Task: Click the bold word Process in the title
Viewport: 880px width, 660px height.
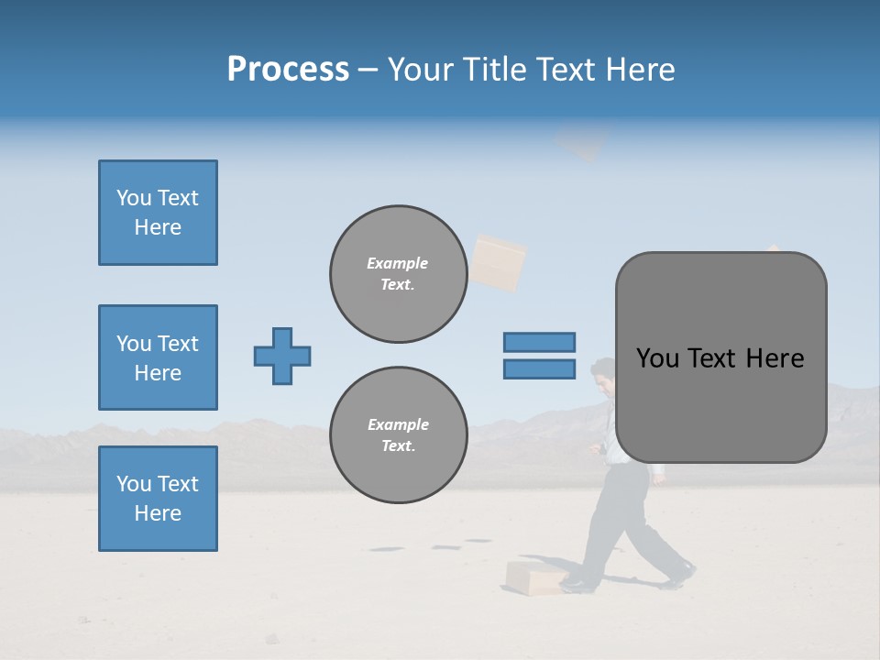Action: (288, 70)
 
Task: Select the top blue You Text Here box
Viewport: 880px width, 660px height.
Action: (158, 213)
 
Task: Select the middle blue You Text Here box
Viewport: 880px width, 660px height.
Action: (158, 357)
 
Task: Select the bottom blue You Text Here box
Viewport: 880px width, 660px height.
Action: (158, 499)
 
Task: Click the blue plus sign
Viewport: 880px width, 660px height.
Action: (282, 356)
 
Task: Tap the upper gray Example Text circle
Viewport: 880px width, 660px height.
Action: (398, 274)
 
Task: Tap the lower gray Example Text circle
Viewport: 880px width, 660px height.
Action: (398, 435)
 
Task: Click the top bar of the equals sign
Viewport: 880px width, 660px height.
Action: (539, 342)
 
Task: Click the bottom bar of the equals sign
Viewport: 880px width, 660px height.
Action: (539, 368)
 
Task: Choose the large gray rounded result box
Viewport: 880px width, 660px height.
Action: (720, 357)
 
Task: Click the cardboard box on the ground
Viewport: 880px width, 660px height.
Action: (535, 577)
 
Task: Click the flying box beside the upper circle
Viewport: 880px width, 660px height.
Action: (498, 262)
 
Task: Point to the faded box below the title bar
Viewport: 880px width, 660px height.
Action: (581, 143)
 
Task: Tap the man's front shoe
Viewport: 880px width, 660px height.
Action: (579, 583)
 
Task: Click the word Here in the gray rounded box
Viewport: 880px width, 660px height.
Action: (775, 358)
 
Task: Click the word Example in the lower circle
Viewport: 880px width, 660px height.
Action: (398, 424)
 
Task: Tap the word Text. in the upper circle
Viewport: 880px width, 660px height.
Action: (398, 285)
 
